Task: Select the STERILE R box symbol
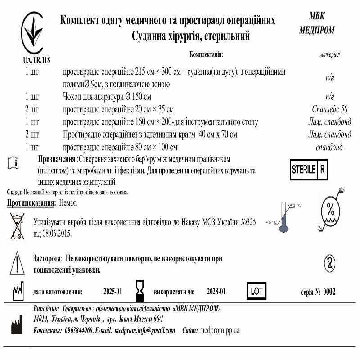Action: [x=310, y=170]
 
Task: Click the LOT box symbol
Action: [x=256, y=291]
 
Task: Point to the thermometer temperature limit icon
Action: [x=283, y=216]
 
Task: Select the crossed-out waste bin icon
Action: [x=18, y=226]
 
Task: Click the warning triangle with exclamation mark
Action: [x=17, y=262]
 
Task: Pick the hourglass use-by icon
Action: [x=139, y=291]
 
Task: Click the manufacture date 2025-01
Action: [x=113, y=292]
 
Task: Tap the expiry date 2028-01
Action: [x=216, y=292]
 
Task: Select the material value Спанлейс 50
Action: [x=330, y=109]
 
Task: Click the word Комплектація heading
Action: [x=207, y=54]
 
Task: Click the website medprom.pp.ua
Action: [x=219, y=330]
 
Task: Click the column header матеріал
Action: [x=329, y=54]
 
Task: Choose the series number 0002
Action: [x=328, y=292]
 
